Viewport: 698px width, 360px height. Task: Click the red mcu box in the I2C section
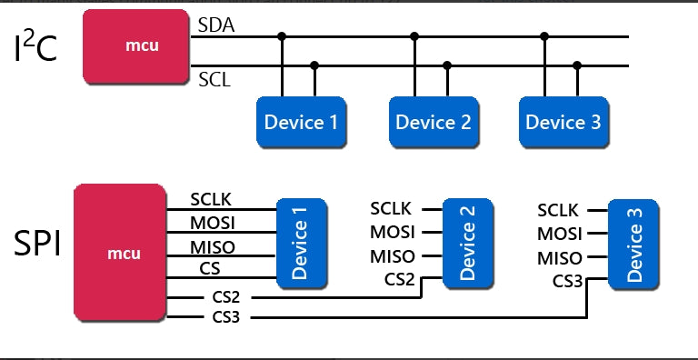[x=135, y=45]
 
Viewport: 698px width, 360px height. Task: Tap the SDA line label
[x=216, y=25]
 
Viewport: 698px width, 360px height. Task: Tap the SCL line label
[x=214, y=79]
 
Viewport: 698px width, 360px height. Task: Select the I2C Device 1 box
[x=300, y=122]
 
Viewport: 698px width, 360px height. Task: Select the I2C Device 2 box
[x=433, y=122]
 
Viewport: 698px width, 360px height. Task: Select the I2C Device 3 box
[x=563, y=122]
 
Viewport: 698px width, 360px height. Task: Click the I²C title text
[x=36, y=48]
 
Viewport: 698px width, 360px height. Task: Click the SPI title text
[x=37, y=244]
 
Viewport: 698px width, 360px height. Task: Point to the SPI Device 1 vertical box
[x=301, y=243]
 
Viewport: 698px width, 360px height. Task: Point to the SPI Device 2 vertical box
[x=468, y=243]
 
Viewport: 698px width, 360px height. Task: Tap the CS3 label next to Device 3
[x=567, y=281]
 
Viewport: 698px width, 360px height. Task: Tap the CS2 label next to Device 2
[x=400, y=279]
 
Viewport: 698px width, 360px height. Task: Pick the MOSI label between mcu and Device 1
[x=213, y=223]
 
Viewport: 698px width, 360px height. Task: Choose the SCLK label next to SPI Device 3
[x=559, y=210]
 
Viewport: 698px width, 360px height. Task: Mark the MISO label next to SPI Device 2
[x=393, y=256]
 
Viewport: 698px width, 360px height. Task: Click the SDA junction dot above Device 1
[x=282, y=36]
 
